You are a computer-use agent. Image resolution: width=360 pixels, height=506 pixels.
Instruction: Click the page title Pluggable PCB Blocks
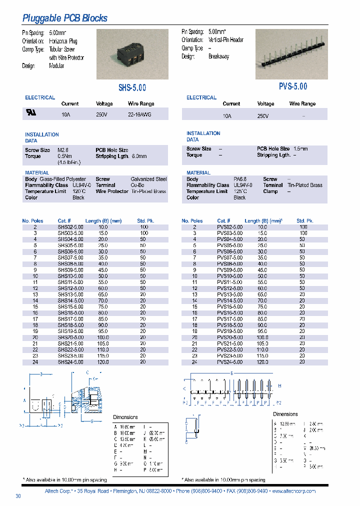pos(65,18)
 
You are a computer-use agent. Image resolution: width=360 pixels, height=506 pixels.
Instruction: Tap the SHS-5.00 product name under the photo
pos(132,87)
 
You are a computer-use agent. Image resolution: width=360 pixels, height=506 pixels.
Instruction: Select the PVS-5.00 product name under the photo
pos(293,86)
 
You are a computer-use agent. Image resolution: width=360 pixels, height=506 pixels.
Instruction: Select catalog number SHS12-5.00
pos(70,288)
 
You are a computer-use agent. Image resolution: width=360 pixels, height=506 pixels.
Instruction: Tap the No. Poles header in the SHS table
pos(33,220)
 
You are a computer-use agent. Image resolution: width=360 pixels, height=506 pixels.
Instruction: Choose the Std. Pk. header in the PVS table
pos(304,220)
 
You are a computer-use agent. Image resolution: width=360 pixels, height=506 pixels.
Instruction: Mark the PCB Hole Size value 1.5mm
pos(300,148)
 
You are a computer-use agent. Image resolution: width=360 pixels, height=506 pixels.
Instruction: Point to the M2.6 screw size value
pos(62,150)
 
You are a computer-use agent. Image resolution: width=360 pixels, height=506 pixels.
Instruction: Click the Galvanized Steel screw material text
pos(148,179)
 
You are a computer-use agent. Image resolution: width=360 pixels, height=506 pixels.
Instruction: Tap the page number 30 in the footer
pos(18,496)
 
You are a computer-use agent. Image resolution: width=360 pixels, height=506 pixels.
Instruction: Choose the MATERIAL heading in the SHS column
pos(37,173)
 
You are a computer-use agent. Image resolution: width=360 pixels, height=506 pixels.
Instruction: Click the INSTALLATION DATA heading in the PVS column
pos(203,136)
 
